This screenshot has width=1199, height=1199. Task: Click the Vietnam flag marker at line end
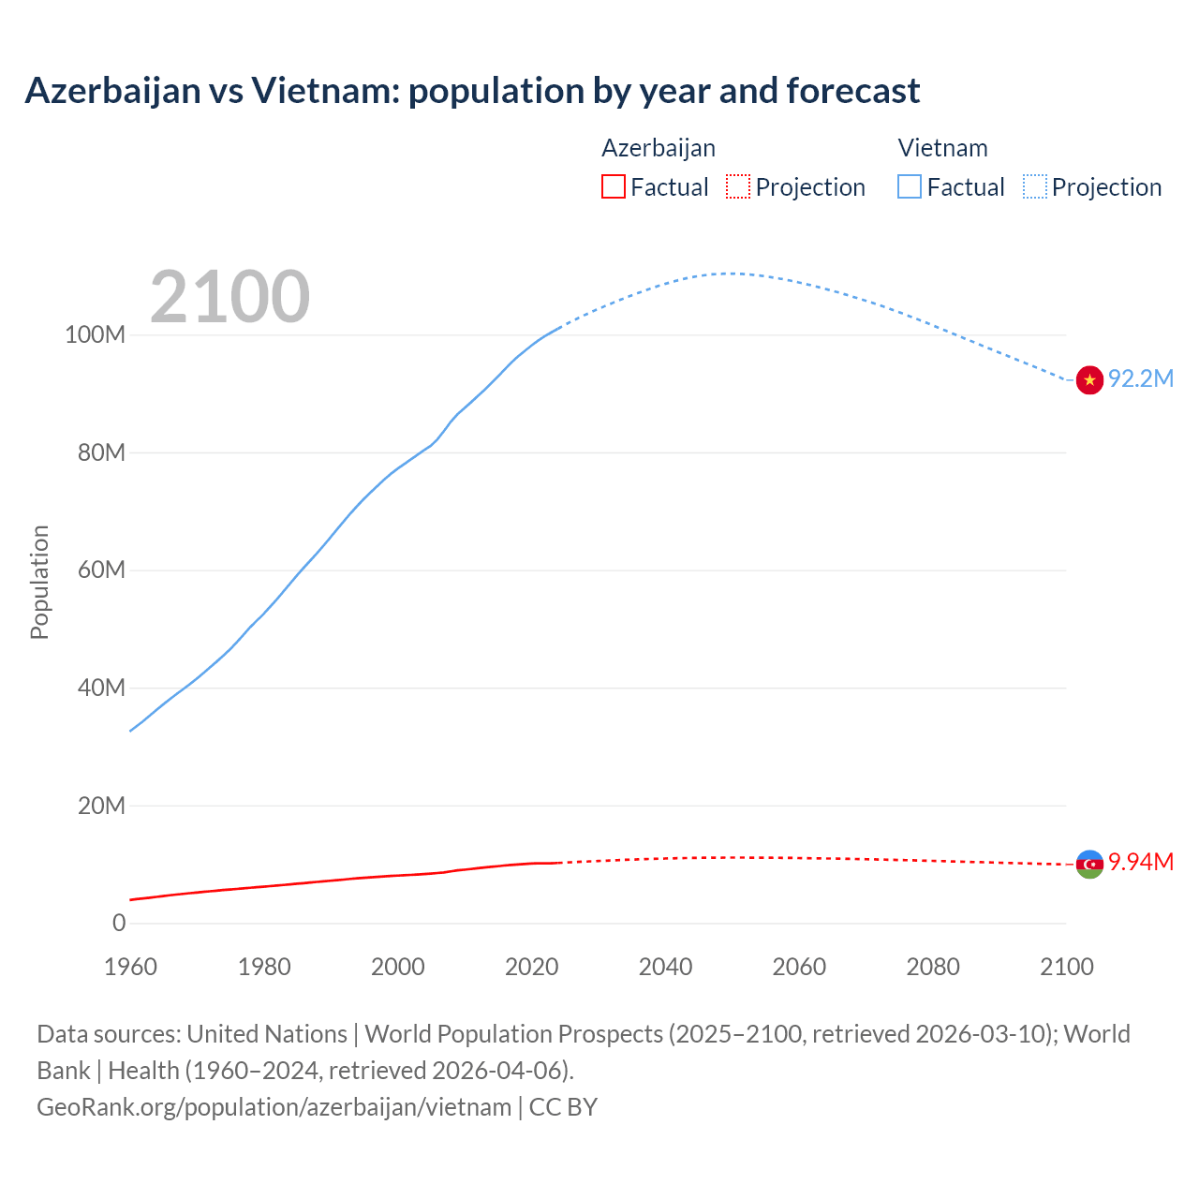pyautogui.click(x=1089, y=379)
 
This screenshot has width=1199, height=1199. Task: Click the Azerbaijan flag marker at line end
pyautogui.click(x=1089, y=864)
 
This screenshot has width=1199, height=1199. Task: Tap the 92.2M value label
pyautogui.click(x=1141, y=378)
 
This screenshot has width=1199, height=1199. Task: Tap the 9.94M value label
pyautogui.click(x=1141, y=862)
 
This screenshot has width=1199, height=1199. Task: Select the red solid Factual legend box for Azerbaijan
pyautogui.click(x=613, y=186)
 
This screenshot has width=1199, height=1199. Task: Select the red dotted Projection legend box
pyautogui.click(x=738, y=186)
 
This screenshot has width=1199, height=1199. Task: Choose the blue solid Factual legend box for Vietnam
pyautogui.click(x=909, y=186)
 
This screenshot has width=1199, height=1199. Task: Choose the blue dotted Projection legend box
pyautogui.click(x=1034, y=186)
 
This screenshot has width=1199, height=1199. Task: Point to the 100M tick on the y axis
pyautogui.click(x=95, y=335)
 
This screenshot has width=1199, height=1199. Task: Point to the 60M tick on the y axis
pyautogui.click(x=101, y=570)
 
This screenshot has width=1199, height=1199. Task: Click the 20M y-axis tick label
pyautogui.click(x=101, y=806)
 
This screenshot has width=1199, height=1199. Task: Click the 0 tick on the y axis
pyautogui.click(x=119, y=923)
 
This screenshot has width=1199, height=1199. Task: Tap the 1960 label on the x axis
pyautogui.click(x=130, y=967)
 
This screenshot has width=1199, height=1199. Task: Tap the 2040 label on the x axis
pyautogui.click(x=665, y=967)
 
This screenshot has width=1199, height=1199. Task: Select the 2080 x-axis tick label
pyautogui.click(x=933, y=967)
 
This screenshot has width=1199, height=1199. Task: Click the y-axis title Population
pyautogui.click(x=39, y=582)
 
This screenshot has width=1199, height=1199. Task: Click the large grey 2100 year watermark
pyautogui.click(x=229, y=297)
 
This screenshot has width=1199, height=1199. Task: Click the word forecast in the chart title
pyautogui.click(x=852, y=91)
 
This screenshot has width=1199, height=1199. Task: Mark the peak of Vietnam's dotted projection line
pyautogui.click(x=731, y=274)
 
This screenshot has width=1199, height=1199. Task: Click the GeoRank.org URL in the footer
pyautogui.click(x=274, y=1107)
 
